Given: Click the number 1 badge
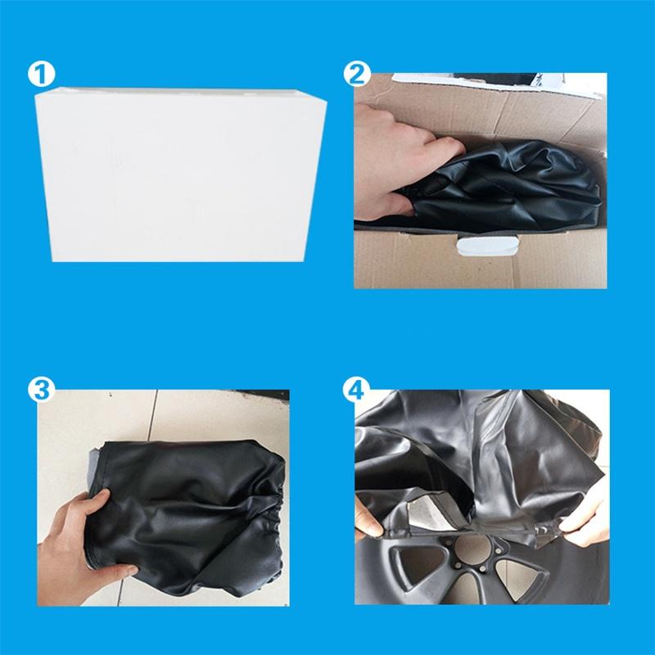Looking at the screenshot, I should (41, 75).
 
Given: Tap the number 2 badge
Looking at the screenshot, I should (354, 75).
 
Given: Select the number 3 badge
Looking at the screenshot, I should (41, 387).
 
